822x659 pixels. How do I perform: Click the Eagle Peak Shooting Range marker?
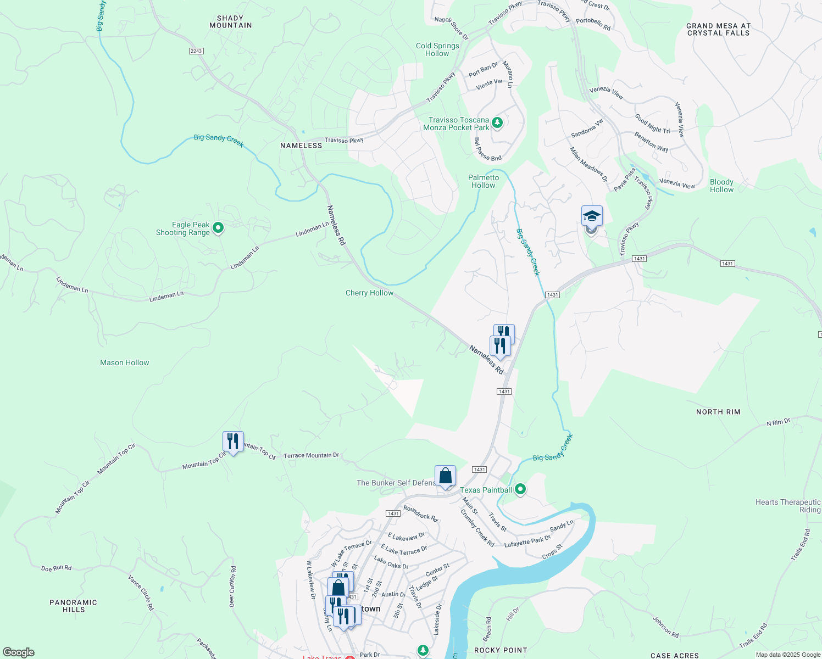click(x=218, y=227)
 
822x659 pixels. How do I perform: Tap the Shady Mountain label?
click(x=230, y=22)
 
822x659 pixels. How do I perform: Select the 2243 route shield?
click(x=196, y=51)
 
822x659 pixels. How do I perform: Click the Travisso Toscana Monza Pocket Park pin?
click(x=497, y=122)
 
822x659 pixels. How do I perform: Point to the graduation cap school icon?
click(x=592, y=216)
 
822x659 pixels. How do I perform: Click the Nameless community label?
click(x=301, y=146)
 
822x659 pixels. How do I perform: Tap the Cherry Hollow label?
click(x=369, y=293)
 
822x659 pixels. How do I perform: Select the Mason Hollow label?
click(x=125, y=363)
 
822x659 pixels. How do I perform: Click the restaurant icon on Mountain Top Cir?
click(x=233, y=442)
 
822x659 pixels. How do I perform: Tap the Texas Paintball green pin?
click(x=520, y=489)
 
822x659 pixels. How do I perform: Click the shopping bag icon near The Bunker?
click(x=445, y=476)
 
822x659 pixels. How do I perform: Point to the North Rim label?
click(x=718, y=412)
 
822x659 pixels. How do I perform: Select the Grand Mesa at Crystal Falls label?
click(x=718, y=30)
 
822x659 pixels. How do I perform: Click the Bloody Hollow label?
click(x=721, y=186)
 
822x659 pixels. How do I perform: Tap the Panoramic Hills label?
click(x=74, y=606)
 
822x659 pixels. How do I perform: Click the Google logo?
click(x=19, y=652)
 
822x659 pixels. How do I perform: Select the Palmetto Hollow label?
click(x=484, y=181)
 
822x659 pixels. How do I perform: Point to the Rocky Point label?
click(x=501, y=650)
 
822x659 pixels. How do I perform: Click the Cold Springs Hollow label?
click(x=437, y=49)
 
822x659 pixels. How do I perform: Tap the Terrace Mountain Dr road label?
click(x=311, y=455)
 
